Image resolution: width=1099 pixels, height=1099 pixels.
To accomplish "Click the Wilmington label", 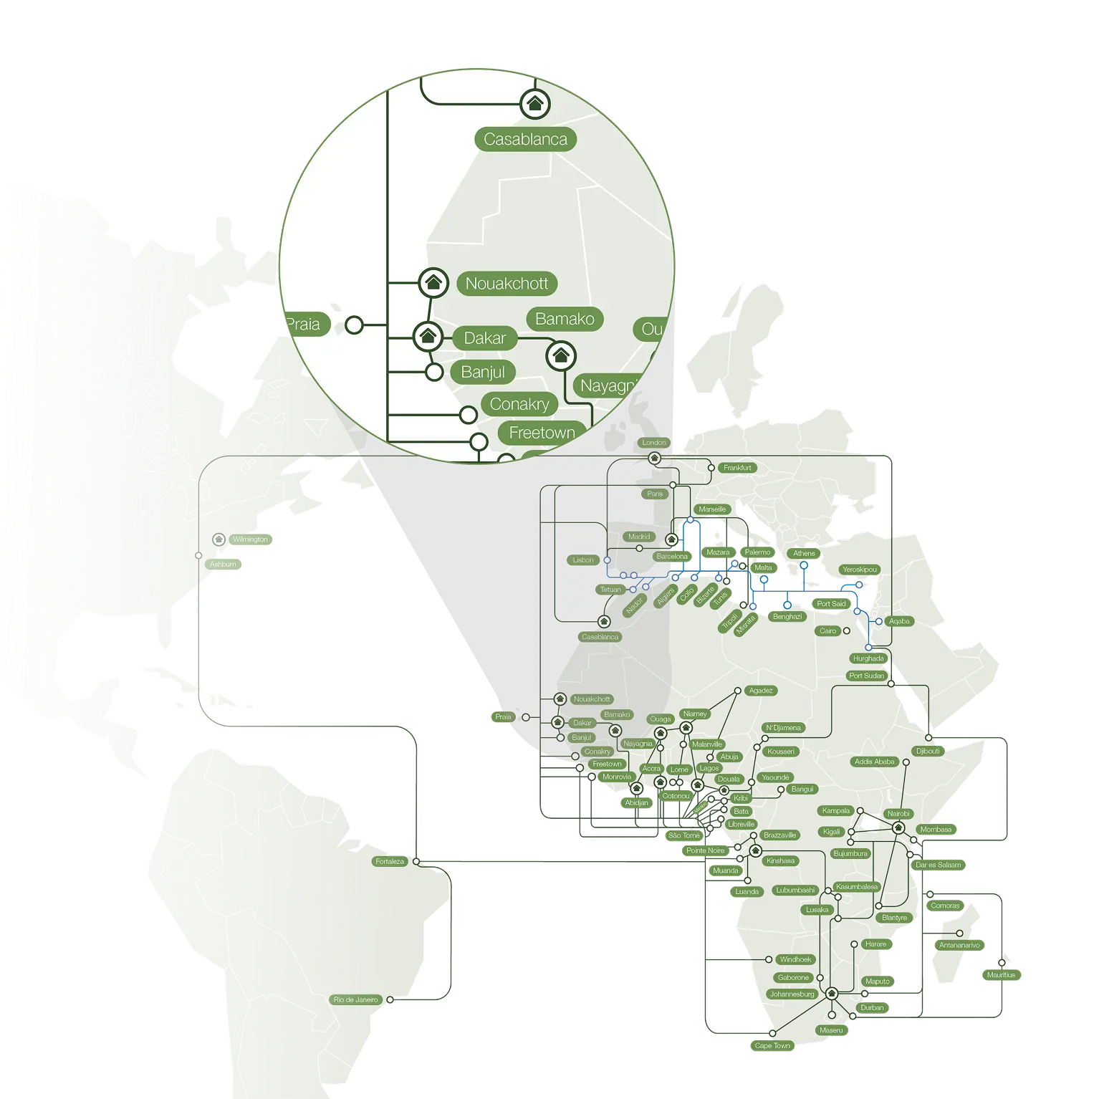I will click(x=250, y=539).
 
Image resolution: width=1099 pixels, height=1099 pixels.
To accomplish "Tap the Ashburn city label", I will click(x=223, y=565).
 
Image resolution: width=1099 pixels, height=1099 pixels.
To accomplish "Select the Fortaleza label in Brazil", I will click(x=390, y=861).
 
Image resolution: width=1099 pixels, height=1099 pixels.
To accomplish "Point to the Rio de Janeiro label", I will click(x=356, y=999).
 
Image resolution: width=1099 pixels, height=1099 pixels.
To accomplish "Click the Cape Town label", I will click(x=772, y=1046).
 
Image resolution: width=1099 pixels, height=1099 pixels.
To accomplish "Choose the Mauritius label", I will click(x=1001, y=975).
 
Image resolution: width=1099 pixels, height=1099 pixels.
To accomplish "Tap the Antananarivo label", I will click(x=959, y=946).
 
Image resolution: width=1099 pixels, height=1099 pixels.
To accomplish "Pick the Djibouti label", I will click(x=928, y=752).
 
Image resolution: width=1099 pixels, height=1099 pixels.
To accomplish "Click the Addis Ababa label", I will click(x=875, y=762).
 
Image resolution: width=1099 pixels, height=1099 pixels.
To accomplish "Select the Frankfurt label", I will click(x=737, y=468).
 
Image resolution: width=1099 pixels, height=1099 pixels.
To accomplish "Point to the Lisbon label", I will click(x=583, y=560).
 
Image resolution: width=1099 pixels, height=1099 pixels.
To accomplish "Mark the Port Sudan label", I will click(x=866, y=676).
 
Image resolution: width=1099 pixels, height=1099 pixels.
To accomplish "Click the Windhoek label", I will click(x=795, y=959).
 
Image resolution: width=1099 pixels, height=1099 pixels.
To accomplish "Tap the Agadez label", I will click(x=761, y=691).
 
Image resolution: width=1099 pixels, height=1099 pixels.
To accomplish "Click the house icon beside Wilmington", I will click(x=219, y=539).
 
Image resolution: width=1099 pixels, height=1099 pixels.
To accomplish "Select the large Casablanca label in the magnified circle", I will click(x=525, y=140).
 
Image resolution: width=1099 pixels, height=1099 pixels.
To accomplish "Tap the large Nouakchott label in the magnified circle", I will click(x=507, y=284).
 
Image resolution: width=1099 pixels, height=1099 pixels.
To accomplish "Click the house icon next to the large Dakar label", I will click(x=428, y=336).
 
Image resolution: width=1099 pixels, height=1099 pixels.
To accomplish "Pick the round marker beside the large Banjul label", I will click(x=433, y=373).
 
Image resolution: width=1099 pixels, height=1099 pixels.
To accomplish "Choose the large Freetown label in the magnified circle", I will click(x=542, y=433).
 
